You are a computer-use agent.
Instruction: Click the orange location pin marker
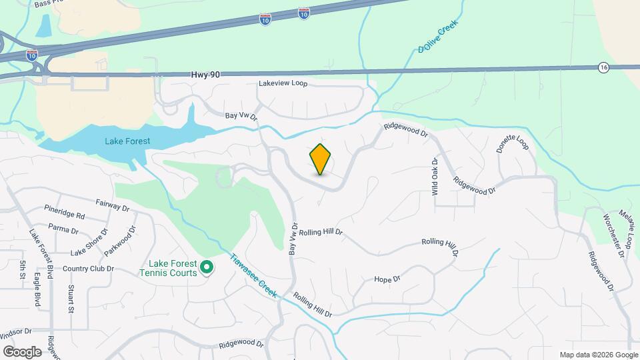coord(321,159)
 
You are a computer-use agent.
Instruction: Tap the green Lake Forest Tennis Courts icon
coord(207,268)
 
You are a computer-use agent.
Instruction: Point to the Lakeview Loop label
coord(284,84)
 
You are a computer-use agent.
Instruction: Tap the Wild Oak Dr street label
coord(435,176)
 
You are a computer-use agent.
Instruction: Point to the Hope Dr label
coord(387,279)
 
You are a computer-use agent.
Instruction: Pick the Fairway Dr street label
coord(112,207)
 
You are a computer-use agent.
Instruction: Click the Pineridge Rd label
coord(65,216)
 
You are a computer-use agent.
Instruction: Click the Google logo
coord(22,351)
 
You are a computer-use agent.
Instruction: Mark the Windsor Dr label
coord(17,331)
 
